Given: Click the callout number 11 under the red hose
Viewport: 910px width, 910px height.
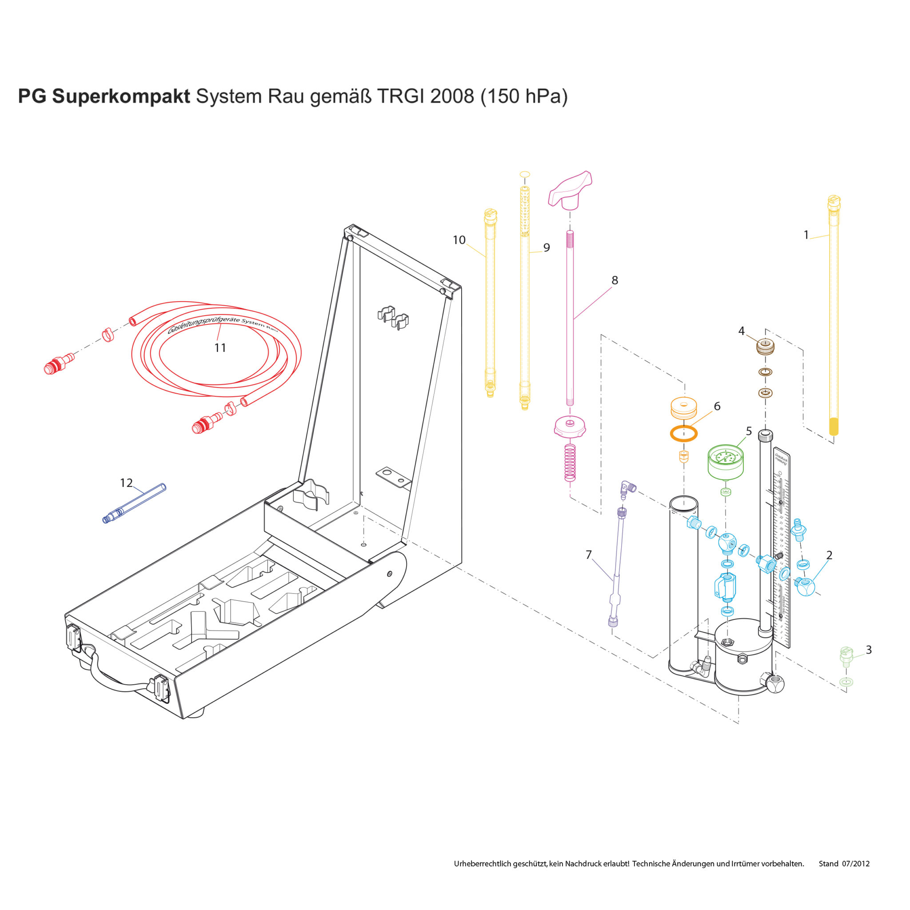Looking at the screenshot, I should pos(220,347).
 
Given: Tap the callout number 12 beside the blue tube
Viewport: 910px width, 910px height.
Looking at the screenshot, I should pos(126,483).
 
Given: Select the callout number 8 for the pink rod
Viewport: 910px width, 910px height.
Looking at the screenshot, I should pos(615,280).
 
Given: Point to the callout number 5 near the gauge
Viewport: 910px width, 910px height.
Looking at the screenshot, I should pos(749,431).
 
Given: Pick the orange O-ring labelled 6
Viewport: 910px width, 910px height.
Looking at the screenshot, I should pos(683,433).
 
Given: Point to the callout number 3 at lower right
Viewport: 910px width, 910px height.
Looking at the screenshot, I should pos(869,650).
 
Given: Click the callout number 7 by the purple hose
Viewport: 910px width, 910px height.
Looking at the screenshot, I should pos(588,555).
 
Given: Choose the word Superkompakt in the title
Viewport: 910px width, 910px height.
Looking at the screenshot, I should pos(121,96).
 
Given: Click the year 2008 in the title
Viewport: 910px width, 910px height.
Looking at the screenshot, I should pos(452,96).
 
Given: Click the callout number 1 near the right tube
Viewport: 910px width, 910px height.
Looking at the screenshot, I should pos(806,235).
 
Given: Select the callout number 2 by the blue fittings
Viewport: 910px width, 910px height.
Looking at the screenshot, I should pos(829,555).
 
